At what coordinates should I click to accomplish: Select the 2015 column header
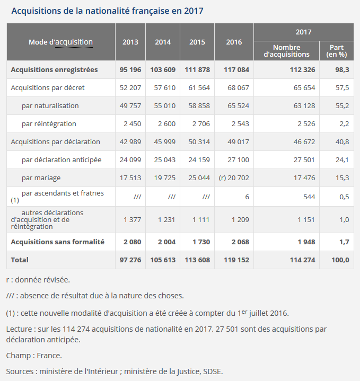pos(197,42)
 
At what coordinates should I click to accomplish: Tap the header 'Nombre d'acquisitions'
pos(286,51)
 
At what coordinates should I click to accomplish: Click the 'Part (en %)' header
pos(336,51)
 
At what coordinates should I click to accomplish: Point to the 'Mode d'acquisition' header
pos(60,42)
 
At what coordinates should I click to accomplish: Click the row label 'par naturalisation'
pos(50,105)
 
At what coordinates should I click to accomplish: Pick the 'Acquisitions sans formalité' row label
pos(57,242)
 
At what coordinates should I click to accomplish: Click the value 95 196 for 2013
pos(130,69)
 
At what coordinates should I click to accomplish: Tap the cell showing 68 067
pos(231,87)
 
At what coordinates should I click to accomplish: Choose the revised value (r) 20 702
pos(230,178)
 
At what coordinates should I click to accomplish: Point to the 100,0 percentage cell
pos(340,260)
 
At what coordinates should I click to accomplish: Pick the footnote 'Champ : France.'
pos(34,355)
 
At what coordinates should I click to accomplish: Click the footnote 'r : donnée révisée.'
pos(38,279)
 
